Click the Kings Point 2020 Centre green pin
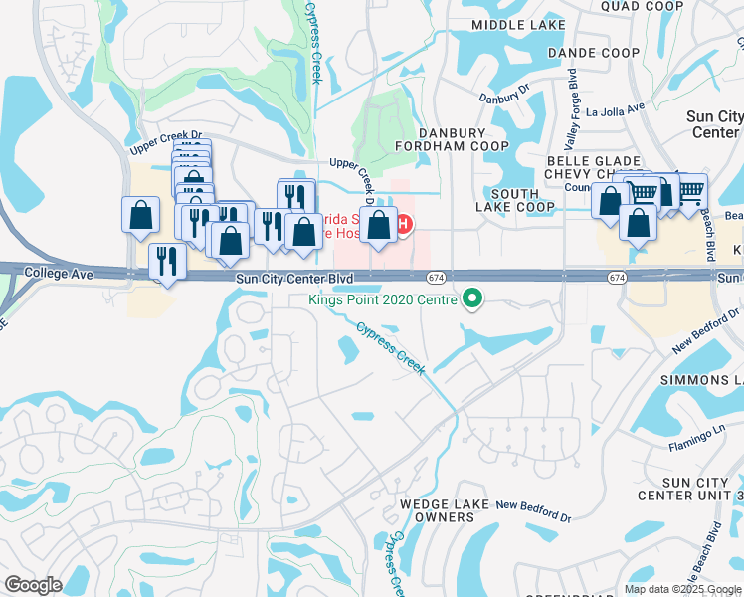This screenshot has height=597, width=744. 472,298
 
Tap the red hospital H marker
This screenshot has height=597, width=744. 404,224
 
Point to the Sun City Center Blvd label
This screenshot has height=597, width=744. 295,281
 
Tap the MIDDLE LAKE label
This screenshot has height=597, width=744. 510,24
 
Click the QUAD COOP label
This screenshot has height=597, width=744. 643,6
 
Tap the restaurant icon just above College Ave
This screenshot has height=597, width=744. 165,263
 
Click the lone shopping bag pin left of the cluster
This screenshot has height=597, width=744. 141,214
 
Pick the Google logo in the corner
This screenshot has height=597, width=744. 33,585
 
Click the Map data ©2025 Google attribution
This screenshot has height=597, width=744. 681,589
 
